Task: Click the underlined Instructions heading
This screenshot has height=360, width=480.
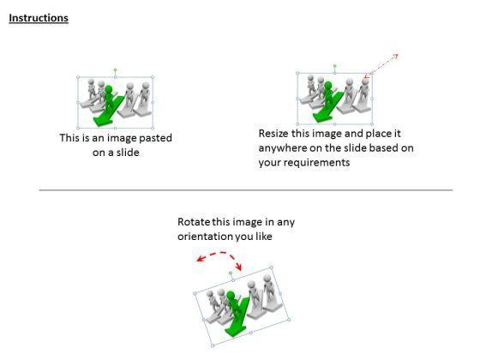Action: (x=39, y=18)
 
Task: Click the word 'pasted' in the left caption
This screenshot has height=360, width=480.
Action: (x=155, y=138)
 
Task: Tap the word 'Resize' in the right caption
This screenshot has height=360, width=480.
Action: (x=273, y=134)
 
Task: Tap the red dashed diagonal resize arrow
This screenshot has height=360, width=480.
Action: (x=381, y=65)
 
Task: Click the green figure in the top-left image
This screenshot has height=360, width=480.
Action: (x=108, y=98)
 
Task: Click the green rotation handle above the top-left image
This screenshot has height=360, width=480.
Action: (x=116, y=70)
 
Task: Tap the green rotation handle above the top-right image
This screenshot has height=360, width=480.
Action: (x=334, y=66)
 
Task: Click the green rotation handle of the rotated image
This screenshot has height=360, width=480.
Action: (x=231, y=273)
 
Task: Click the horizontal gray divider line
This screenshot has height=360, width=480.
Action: (x=246, y=190)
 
